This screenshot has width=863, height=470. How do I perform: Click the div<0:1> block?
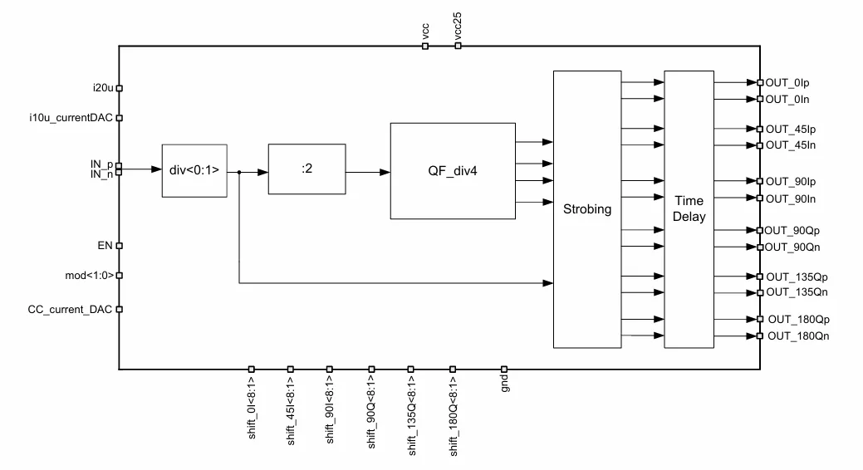(x=194, y=170)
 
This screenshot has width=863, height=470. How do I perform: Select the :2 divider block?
(x=306, y=169)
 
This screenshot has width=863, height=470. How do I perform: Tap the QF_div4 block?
(x=452, y=170)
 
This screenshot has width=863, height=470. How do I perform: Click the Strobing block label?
(x=586, y=209)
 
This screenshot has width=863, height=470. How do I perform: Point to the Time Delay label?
(x=689, y=208)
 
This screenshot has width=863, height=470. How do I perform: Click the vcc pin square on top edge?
(x=425, y=47)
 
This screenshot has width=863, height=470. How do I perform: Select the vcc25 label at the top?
(x=458, y=26)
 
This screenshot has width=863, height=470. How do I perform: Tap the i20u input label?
(x=101, y=87)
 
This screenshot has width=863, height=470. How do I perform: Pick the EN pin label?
(x=105, y=246)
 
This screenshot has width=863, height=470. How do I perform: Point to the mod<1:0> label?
(x=89, y=276)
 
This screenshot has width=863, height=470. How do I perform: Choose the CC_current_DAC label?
(x=70, y=309)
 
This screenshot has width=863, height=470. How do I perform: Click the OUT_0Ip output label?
(x=787, y=82)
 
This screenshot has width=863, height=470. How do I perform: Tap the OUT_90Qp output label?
(x=791, y=230)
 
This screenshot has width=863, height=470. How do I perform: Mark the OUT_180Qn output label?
(x=797, y=336)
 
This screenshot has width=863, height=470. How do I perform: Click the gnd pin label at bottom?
(x=504, y=383)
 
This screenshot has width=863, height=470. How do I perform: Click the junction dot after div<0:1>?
(x=239, y=173)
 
